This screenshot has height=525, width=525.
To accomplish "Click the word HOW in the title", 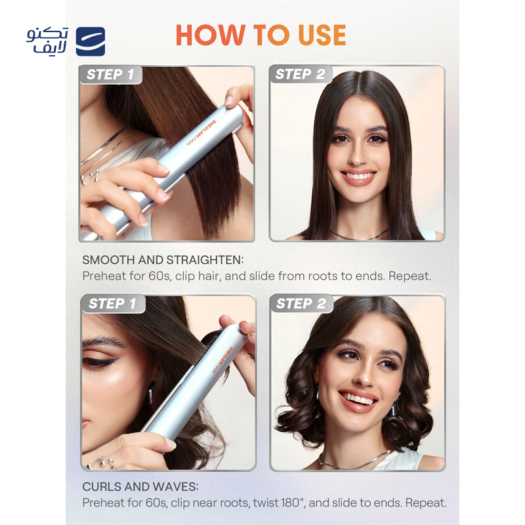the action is coord(210,35).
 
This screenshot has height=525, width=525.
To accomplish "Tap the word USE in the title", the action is coord(322,35).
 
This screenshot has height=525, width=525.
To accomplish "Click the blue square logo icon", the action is coord(91,41).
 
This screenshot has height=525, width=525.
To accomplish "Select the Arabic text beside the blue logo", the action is coord(47,41).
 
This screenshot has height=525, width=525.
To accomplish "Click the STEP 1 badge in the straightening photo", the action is coord(110,74).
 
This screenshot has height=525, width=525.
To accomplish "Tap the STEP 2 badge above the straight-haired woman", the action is coord(301,74).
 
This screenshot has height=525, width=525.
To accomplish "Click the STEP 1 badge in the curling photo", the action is coord(112,304).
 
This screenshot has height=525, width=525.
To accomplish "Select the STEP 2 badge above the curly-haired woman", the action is coord(301,304).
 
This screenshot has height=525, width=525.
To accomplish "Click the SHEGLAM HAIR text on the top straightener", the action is coord(201,133).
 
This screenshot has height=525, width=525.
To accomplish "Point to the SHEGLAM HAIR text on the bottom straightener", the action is coord(222,360).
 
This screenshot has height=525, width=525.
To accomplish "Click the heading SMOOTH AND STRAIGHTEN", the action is coord(163,260).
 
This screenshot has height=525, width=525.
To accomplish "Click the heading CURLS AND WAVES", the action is coord(140,486).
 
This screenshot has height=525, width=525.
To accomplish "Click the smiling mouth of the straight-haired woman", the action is coord(358,177).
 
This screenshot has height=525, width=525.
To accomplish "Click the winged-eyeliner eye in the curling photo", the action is coord(100,362).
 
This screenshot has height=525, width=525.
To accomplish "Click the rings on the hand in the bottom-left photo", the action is coord(101,463).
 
